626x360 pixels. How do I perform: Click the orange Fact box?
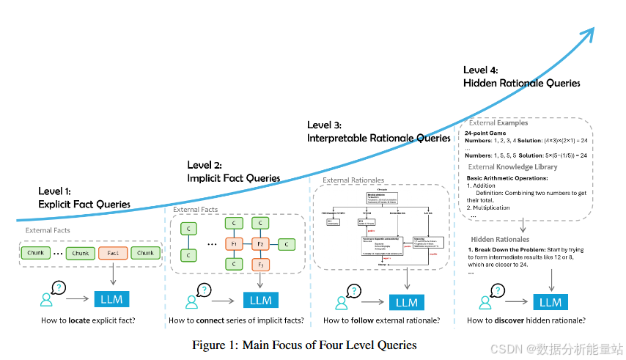(112, 253)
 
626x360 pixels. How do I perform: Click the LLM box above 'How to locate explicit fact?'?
(112, 300)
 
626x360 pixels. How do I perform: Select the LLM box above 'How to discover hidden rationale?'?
(550, 302)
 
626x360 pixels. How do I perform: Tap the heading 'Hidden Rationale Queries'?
(521, 84)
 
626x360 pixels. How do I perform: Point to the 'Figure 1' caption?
(304, 345)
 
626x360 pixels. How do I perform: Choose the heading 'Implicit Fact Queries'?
(234, 177)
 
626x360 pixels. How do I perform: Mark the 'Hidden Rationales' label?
(499, 239)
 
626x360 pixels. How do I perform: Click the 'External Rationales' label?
(353, 180)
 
